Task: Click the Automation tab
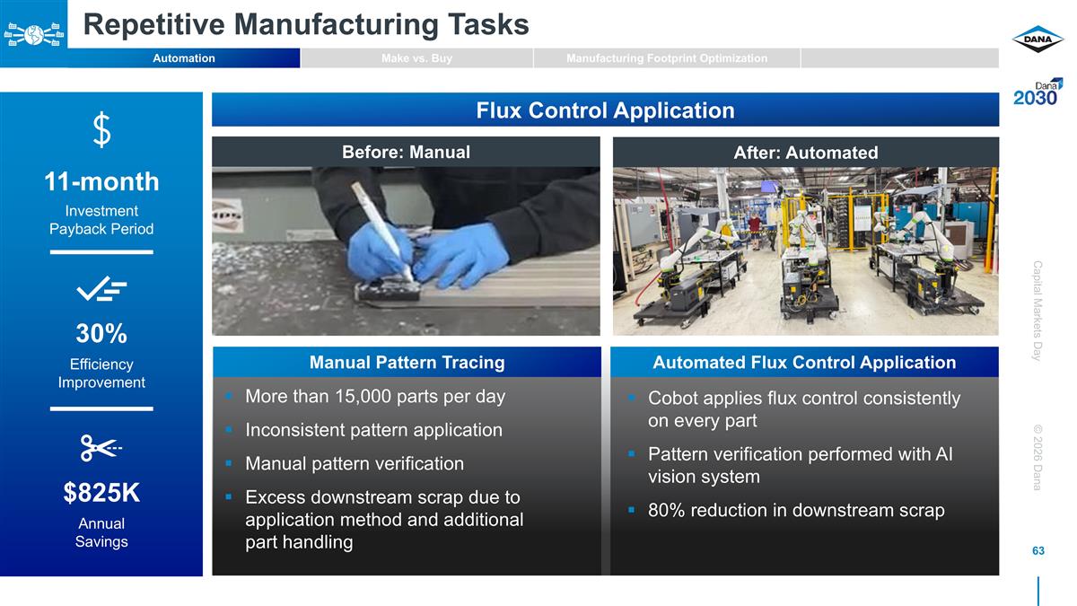(184, 58)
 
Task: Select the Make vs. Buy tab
(416, 58)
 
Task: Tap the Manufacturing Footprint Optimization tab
(666, 58)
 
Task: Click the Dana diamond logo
(1038, 39)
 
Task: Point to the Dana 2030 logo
(1038, 92)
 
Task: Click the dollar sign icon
(102, 131)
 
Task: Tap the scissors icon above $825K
(101, 447)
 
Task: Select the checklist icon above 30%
(101, 289)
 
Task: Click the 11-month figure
(101, 182)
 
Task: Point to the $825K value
(101, 493)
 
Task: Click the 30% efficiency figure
(101, 334)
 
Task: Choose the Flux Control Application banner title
(605, 110)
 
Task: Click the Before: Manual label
(406, 152)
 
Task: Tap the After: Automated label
(805, 153)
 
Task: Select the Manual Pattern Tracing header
(407, 363)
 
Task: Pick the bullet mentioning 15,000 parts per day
(375, 396)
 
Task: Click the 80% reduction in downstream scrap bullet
(796, 511)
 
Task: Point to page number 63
(1038, 550)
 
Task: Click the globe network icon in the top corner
(33, 34)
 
